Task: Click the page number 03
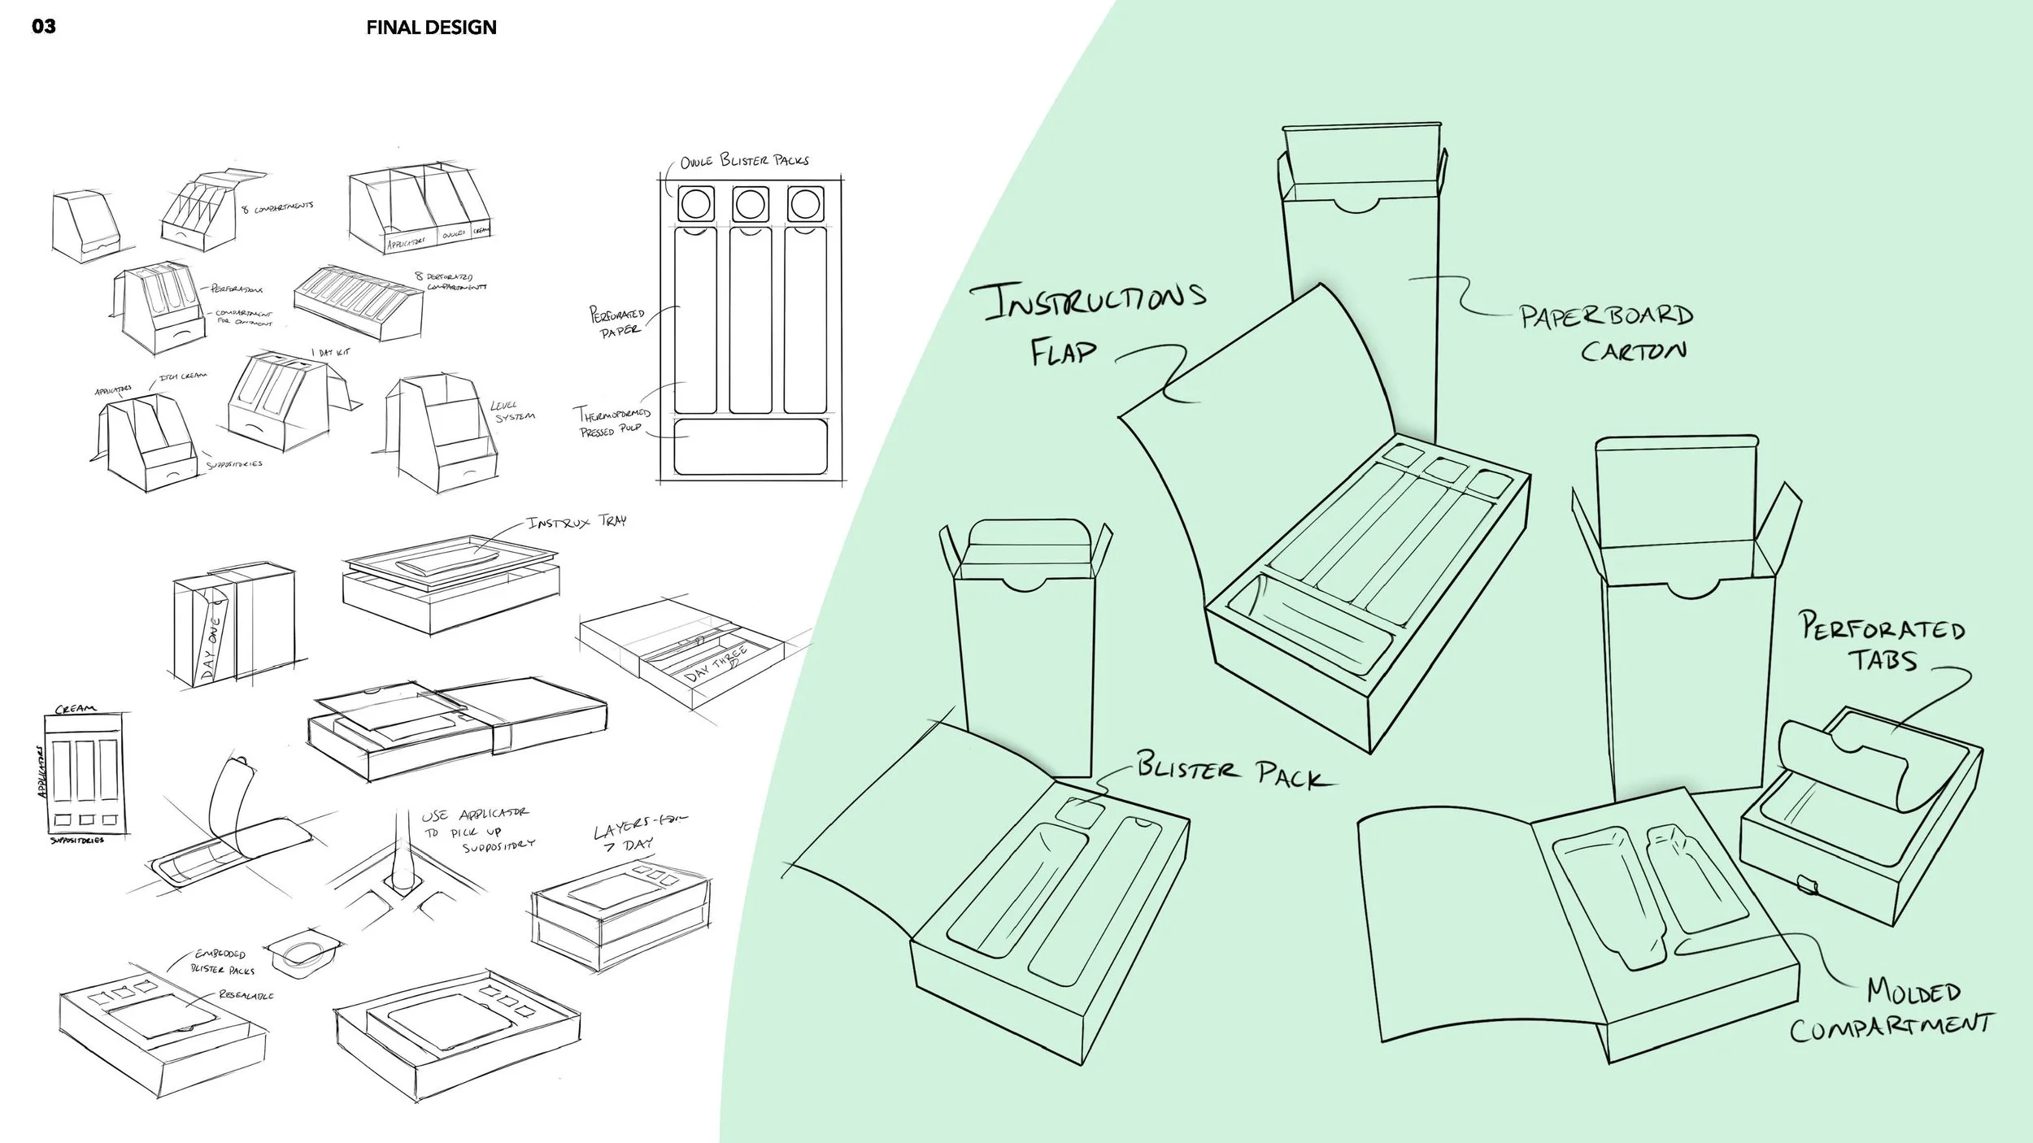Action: [x=44, y=27]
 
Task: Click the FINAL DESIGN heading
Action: [x=431, y=28]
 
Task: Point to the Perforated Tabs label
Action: [x=1883, y=641]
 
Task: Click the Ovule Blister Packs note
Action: [x=744, y=160]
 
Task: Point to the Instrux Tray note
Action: [x=577, y=522]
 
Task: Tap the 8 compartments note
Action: [x=277, y=207]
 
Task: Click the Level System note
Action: [x=513, y=411]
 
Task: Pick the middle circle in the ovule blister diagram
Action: [x=750, y=203]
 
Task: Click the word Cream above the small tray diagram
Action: [x=75, y=709]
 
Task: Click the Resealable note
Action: [x=246, y=995]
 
